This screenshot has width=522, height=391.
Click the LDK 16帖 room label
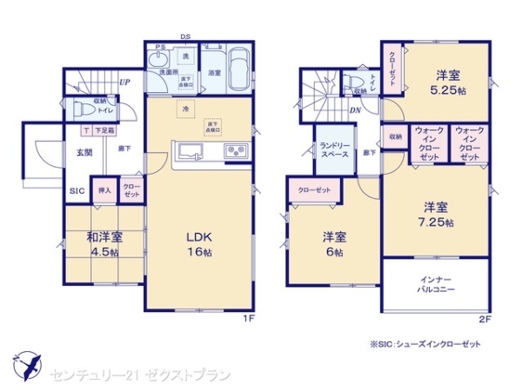(x=197, y=243)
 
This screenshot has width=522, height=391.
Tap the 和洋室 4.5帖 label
(x=104, y=244)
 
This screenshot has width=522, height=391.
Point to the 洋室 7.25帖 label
(x=436, y=214)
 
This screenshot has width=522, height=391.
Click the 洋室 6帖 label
(x=333, y=243)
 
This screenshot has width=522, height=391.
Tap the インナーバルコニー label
(x=432, y=284)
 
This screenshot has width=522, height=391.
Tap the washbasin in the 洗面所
(x=158, y=60)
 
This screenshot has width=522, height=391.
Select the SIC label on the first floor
(x=77, y=190)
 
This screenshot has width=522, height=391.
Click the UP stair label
(x=125, y=83)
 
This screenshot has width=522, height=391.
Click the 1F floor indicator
(x=248, y=319)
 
